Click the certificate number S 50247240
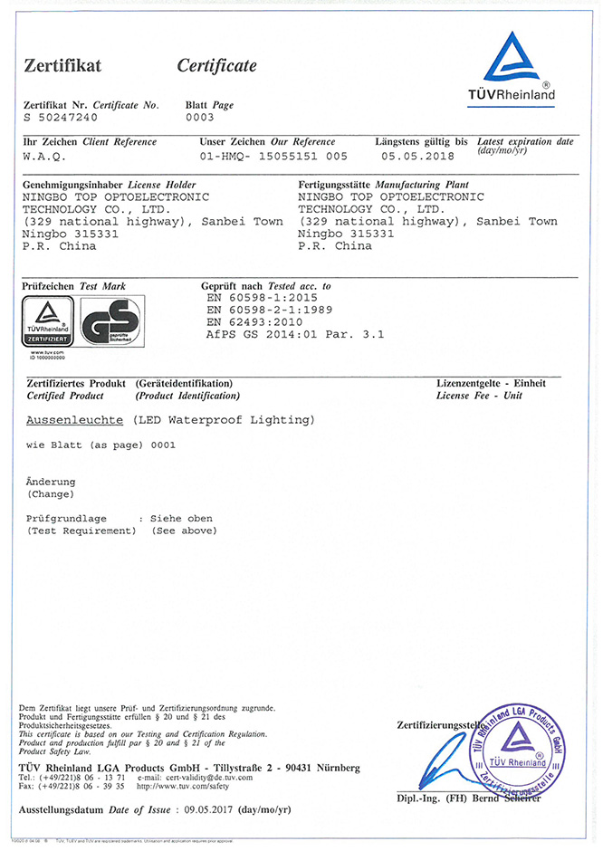tap(61, 118)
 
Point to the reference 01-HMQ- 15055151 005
tap(273, 156)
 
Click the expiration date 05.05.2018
tap(417, 156)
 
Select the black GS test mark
tap(110, 321)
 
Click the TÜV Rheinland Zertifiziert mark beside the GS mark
tap(51, 321)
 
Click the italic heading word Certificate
tap(216, 65)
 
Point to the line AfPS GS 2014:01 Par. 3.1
tap(296, 333)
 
